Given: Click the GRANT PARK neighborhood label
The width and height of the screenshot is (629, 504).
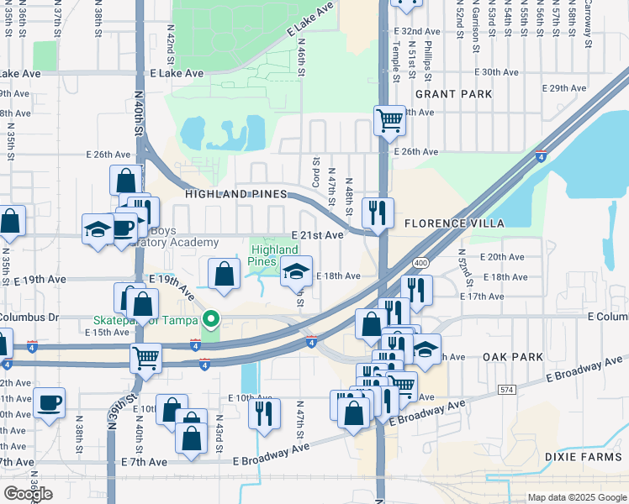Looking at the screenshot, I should (x=453, y=94).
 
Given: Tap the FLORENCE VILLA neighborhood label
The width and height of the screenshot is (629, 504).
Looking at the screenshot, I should (x=454, y=224).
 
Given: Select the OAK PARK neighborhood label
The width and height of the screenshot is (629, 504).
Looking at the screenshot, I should (x=512, y=357).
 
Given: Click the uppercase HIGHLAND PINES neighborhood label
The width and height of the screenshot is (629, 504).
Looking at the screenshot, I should (x=231, y=194).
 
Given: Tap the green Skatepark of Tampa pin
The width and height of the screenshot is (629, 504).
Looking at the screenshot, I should (x=211, y=318).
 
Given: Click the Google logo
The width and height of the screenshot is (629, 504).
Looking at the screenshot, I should (x=28, y=493).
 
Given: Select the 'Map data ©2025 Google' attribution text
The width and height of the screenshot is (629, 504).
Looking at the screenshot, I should (x=576, y=497).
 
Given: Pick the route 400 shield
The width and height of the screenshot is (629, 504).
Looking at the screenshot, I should (x=421, y=263).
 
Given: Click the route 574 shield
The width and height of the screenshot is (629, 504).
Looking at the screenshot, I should (x=505, y=390).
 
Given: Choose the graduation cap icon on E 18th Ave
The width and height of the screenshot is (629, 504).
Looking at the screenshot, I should (x=295, y=270).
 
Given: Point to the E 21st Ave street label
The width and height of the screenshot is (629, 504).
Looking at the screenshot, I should (x=317, y=236).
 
